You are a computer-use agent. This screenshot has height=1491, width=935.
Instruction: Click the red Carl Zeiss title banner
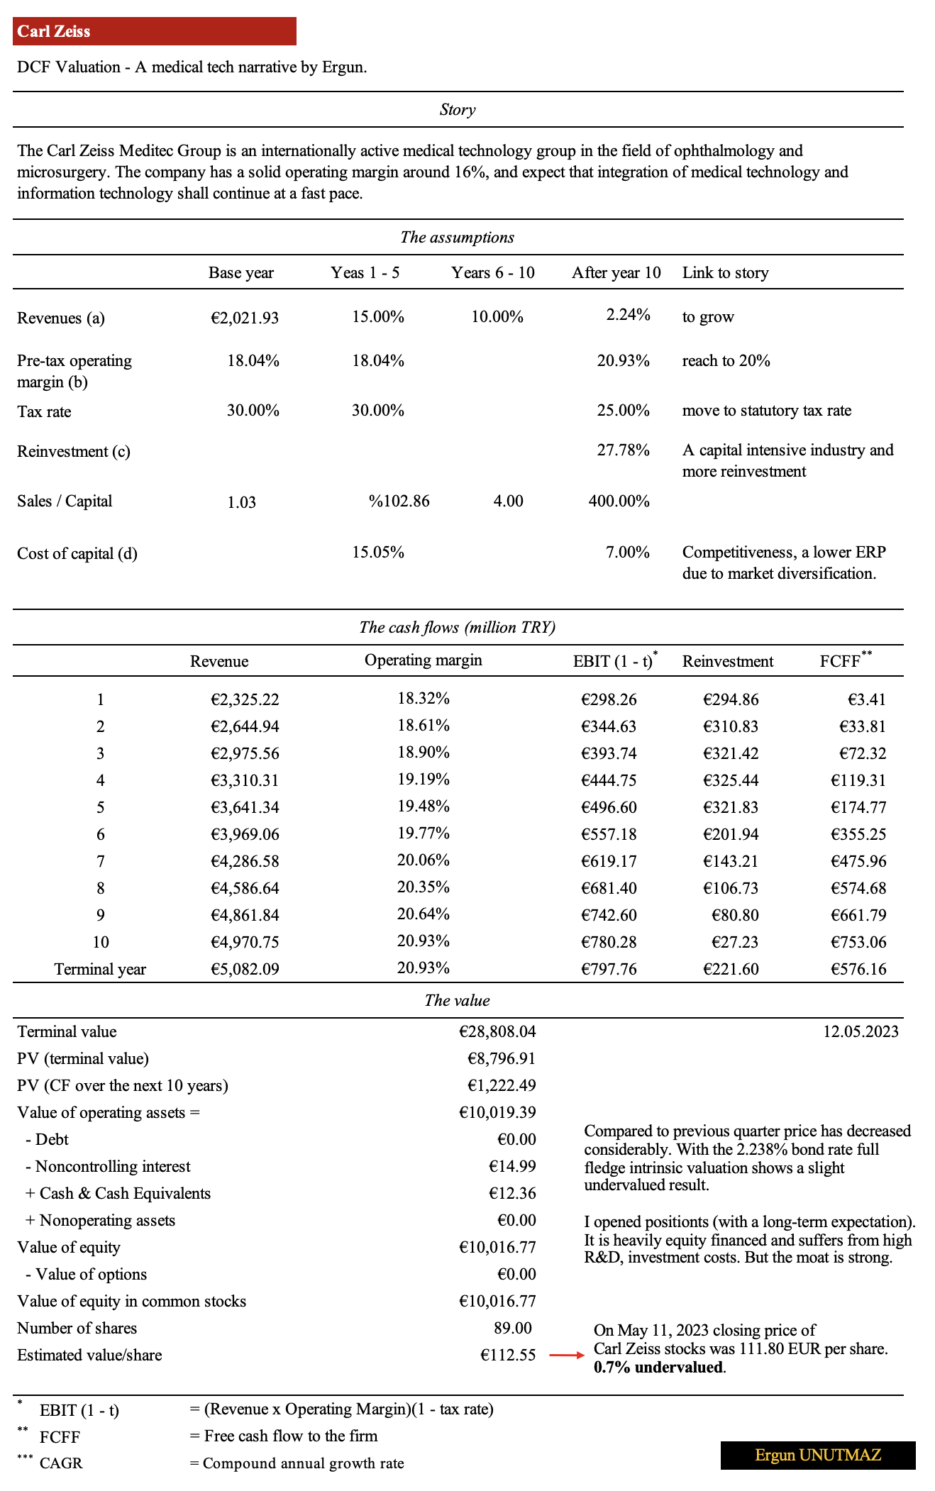coord(154,31)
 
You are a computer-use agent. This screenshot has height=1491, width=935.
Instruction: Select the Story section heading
coord(458,110)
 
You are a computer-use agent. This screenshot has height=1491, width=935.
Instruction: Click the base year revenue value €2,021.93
coord(245,318)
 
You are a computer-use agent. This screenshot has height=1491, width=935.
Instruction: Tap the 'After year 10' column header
coord(616,273)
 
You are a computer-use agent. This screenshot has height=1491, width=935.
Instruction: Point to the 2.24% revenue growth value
coord(628,315)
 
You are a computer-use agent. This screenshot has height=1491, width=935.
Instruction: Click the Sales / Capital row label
coord(65,501)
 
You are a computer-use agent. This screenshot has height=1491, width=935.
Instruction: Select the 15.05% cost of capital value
coord(378,553)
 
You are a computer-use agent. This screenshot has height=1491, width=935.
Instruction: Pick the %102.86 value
coord(399,501)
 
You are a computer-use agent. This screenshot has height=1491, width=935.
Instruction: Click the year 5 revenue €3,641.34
coord(245,808)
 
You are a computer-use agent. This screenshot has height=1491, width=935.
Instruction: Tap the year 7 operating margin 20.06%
coord(424,860)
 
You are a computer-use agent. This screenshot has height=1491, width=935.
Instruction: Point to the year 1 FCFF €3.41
coord(866,700)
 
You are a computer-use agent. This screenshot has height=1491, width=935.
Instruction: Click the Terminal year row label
coord(100,970)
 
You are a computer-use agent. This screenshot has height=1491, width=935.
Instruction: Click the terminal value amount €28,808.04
coord(497,1032)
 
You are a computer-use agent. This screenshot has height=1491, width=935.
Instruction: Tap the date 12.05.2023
coord(861,1032)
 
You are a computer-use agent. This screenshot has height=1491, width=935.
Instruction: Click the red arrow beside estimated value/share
coord(566,1356)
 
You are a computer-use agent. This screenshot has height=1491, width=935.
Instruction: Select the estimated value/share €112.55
coord(508,1356)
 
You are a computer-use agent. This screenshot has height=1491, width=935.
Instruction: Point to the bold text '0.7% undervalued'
coord(659,1368)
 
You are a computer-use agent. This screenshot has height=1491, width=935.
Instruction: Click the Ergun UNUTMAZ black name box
coord(818,1456)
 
